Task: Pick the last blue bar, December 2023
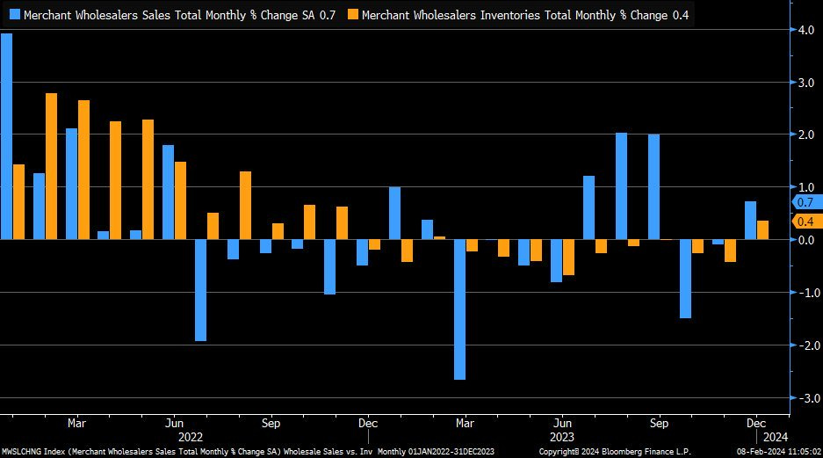[750, 220]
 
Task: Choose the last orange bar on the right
[763, 229]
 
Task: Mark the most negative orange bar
[568, 258]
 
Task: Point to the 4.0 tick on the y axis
[804, 30]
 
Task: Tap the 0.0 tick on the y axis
[804, 240]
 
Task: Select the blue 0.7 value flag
[804, 202]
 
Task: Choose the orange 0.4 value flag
[804, 222]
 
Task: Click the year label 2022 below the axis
[191, 436]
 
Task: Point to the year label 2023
[562, 436]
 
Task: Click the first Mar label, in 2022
[76, 421]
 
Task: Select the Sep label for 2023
[659, 421]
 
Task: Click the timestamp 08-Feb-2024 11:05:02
[776, 451]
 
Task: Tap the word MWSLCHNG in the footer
[25, 451]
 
